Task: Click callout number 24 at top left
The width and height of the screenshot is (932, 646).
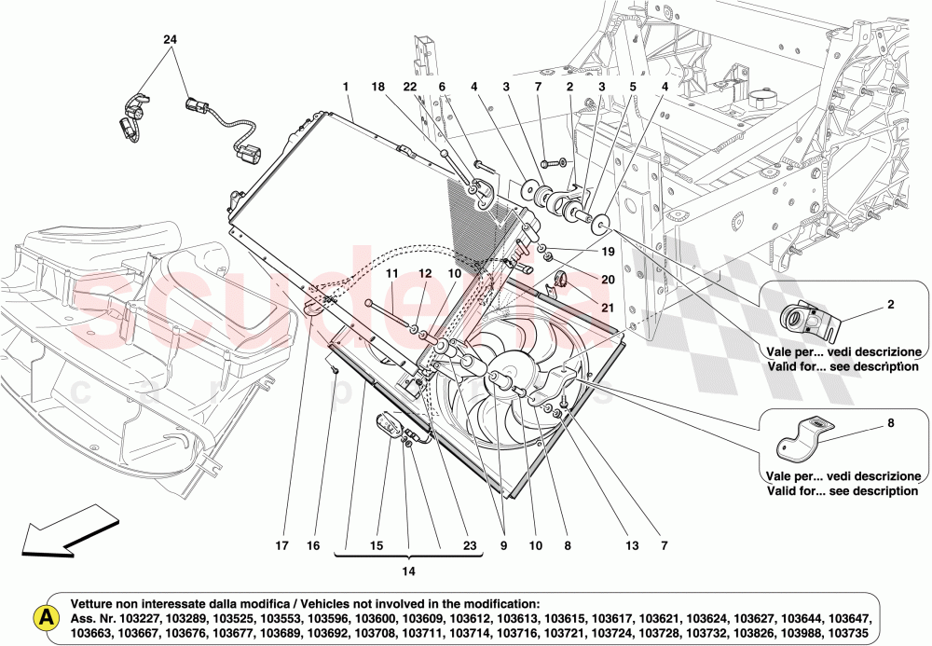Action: click(170, 40)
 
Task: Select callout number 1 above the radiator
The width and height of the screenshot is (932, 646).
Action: click(346, 87)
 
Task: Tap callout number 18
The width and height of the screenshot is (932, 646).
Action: click(378, 87)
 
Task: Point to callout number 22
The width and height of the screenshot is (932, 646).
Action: click(411, 87)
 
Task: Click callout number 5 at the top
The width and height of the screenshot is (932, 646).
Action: click(632, 87)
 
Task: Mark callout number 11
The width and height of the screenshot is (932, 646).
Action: click(392, 273)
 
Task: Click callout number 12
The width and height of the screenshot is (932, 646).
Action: click(425, 273)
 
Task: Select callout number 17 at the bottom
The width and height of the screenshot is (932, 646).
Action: click(281, 546)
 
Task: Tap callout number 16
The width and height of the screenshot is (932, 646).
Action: click(314, 546)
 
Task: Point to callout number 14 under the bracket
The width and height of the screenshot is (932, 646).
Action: click(408, 570)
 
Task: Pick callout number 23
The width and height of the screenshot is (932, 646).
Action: click(469, 546)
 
